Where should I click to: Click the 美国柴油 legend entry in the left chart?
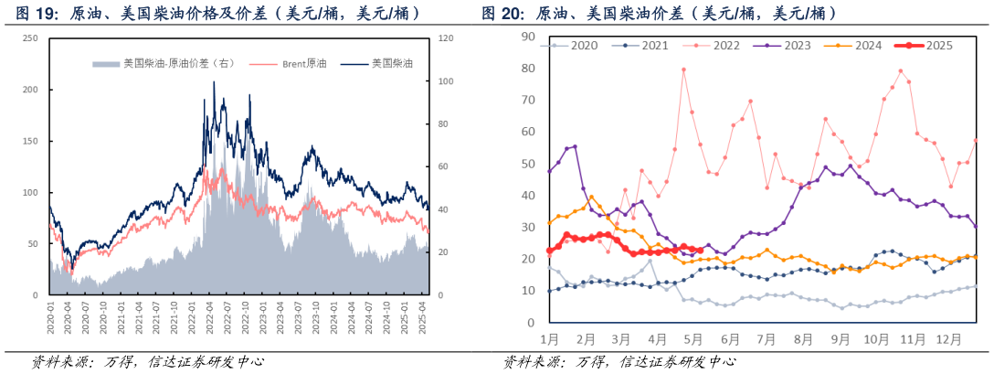(x=384, y=64)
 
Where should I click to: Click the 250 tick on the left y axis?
(x=30, y=37)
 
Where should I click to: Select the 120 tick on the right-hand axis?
(x=446, y=37)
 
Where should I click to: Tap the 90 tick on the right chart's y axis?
(x=527, y=37)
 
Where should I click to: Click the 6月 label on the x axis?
(x=730, y=339)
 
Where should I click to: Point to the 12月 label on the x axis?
(x=949, y=339)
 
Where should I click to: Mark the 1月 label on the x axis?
(x=549, y=339)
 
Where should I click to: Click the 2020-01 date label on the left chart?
(x=51, y=316)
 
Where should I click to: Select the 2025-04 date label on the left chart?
(x=422, y=316)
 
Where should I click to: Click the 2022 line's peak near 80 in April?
(x=683, y=69)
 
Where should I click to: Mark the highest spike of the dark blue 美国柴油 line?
(x=214, y=81)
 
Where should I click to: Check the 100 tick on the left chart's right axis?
(x=446, y=81)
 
